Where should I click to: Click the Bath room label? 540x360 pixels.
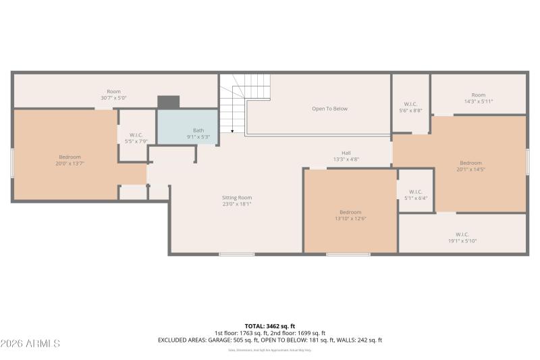tap(198, 130)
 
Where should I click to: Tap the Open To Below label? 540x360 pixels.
tap(329, 109)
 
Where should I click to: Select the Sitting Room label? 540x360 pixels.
tap(236, 198)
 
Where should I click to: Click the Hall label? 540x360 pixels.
tap(346, 153)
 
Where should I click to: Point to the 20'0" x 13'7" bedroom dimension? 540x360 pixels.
tap(70, 163)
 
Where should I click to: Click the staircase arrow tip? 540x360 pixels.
tap(232, 131)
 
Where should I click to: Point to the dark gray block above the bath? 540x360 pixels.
tap(168, 102)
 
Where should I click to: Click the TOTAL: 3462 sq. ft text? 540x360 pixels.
tap(269, 326)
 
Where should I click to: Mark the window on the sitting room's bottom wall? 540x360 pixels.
tap(237, 254)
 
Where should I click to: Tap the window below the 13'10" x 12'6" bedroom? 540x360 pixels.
tap(348, 254)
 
